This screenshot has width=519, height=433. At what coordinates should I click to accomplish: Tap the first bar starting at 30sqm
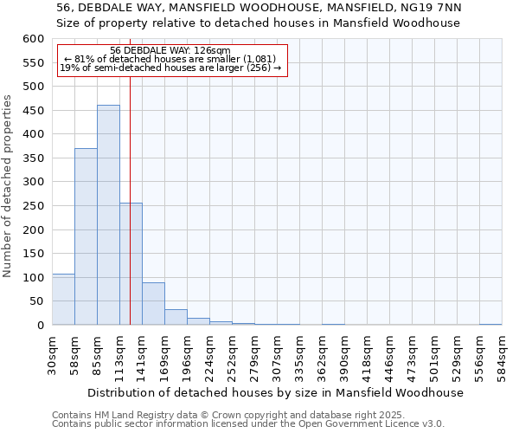63,300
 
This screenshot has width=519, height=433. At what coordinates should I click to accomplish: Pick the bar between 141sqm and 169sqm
153,304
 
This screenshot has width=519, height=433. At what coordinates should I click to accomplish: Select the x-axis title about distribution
276,392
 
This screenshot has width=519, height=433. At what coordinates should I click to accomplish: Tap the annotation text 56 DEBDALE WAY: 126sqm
170,51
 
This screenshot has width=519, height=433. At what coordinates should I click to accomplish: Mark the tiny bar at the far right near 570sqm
490,324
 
